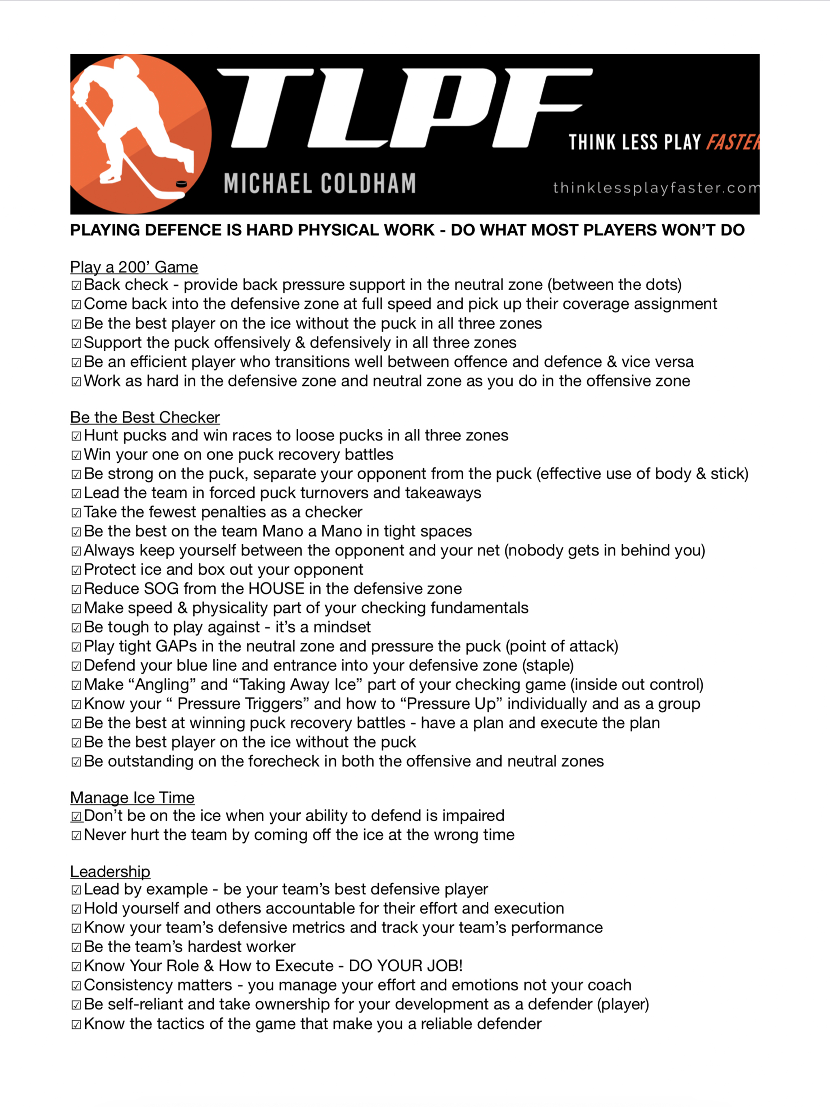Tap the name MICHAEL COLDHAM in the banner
pos(319,183)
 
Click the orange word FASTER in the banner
pos(732,142)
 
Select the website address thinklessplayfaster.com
pos(655,188)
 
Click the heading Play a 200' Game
pos(134,267)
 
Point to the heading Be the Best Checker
pos(145,417)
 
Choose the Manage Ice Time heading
pos(132,797)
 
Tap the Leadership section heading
pos(110,871)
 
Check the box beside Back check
pos(76,285)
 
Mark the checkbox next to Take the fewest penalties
pos(76,513)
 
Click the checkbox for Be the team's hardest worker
pos(76,947)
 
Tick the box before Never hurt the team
pos(76,835)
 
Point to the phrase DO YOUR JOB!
pos(406,965)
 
